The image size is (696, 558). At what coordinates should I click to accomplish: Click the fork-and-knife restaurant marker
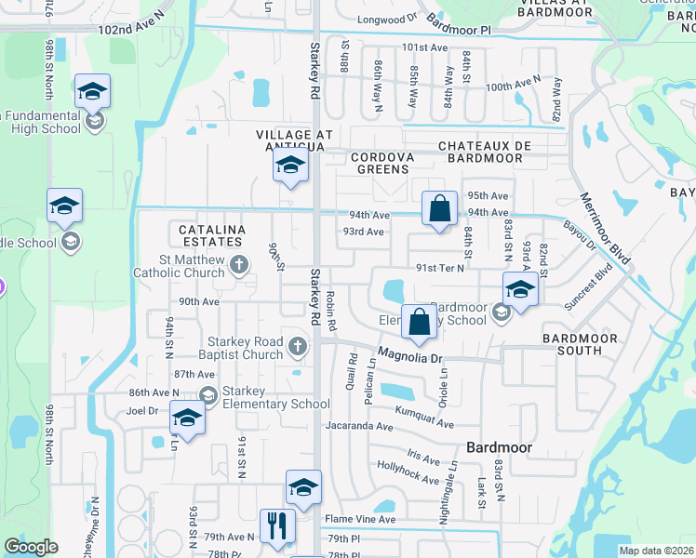click(277, 526)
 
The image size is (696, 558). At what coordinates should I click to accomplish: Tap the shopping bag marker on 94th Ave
click(438, 209)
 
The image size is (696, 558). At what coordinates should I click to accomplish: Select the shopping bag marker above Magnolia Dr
click(419, 322)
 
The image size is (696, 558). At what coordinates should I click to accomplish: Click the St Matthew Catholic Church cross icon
click(239, 266)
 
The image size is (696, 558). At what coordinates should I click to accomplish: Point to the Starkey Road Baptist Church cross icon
click(298, 347)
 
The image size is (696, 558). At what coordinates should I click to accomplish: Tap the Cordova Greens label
click(382, 164)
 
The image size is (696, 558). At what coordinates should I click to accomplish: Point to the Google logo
click(31, 547)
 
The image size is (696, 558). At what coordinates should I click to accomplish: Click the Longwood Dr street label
click(389, 18)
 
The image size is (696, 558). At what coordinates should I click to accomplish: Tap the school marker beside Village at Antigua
click(289, 168)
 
